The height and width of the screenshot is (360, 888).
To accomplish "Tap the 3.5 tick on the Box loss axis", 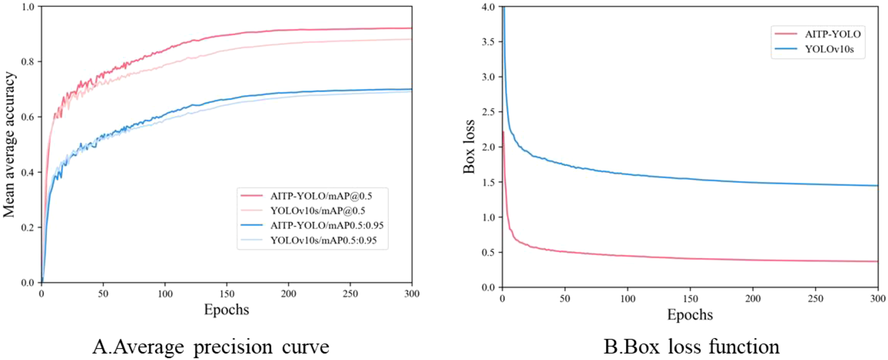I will [x=488, y=42].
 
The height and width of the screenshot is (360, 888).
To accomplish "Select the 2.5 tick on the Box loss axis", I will [x=488, y=112].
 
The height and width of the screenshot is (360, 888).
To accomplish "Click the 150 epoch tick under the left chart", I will [x=227, y=294].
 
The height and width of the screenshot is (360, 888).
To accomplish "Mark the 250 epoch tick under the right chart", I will [x=815, y=299].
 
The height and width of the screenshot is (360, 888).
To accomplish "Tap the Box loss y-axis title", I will [x=469, y=147].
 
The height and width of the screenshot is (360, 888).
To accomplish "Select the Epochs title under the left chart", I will [x=226, y=310].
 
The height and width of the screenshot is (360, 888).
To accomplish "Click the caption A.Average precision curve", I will [x=211, y=346].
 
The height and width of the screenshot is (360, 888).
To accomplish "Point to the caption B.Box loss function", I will [x=691, y=346].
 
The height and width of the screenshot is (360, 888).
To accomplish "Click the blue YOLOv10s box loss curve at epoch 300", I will [x=877, y=186].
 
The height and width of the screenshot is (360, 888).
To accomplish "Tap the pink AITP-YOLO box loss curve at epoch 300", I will [x=877, y=261].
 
